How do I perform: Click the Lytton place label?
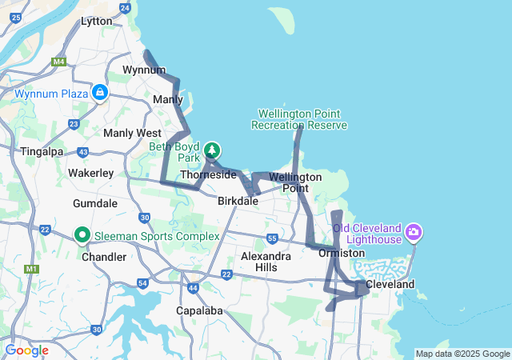[x=97, y=22]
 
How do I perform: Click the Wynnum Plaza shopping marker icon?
[x=99, y=94]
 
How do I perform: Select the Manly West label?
[x=132, y=133]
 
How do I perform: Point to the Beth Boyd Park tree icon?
[x=212, y=150]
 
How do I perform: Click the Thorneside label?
[x=208, y=174]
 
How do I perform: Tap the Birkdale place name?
[x=238, y=202]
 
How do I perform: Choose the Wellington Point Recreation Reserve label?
[x=298, y=119]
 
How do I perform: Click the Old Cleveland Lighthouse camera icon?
[x=414, y=233]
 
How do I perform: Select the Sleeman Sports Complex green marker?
[x=82, y=236]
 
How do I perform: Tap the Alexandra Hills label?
[x=266, y=262]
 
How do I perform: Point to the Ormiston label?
[x=342, y=253]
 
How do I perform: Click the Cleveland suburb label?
[x=390, y=285]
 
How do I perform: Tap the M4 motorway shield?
[x=58, y=61]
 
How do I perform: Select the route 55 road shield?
[x=272, y=238]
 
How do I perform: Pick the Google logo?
[x=26, y=350]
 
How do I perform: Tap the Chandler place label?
[x=104, y=257]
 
